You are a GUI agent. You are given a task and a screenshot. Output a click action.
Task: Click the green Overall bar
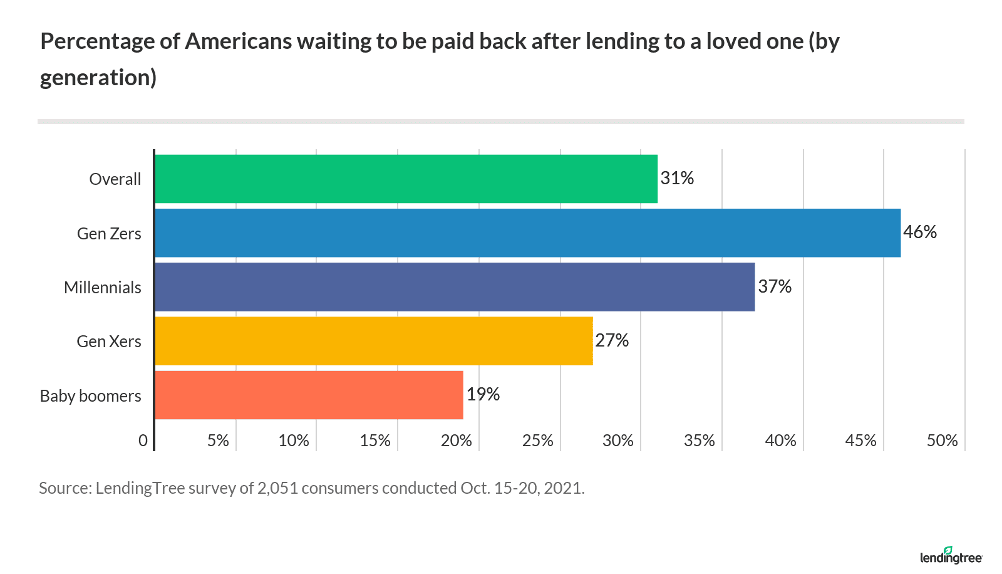click(x=406, y=179)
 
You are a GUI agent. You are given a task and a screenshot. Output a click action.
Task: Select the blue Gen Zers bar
click(x=527, y=233)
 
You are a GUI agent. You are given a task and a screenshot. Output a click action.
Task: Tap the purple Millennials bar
click(x=455, y=287)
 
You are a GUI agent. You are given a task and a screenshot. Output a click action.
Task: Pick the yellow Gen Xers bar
click(x=373, y=341)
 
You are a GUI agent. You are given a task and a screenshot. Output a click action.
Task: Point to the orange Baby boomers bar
click(x=309, y=395)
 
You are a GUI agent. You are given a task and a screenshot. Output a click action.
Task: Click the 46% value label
click(x=920, y=232)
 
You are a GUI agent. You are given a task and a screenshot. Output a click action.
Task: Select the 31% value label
click(x=677, y=179)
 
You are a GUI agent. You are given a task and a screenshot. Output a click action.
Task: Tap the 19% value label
click(x=483, y=394)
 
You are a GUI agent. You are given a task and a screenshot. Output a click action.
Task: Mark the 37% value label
click(x=775, y=287)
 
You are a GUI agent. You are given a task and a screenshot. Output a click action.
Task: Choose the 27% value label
click(x=612, y=340)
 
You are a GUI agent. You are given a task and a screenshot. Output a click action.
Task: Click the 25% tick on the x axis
click(x=537, y=441)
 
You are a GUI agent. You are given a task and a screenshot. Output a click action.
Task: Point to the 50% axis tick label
click(x=942, y=441)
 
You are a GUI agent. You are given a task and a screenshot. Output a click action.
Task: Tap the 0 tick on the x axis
click(x=143, y=441)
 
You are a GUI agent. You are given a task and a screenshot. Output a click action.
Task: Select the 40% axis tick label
click(x=780, y=441)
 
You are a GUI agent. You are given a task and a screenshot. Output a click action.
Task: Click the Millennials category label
click(x=103, y=288)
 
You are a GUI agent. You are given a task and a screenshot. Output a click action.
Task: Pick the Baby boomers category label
click(x=91, y=396)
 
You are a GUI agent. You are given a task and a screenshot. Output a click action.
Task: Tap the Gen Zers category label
click(x=109, y=234)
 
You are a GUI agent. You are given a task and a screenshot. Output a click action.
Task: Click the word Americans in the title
click(x=239, y=41)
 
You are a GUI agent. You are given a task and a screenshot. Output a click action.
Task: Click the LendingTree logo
click(x=951, y=555)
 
